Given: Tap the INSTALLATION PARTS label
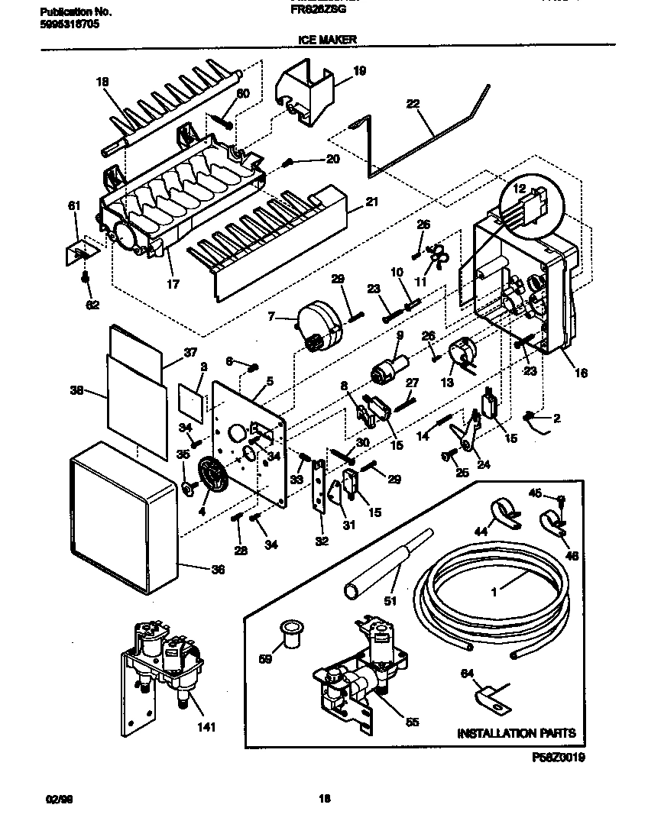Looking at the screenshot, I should click(x=516, y=733).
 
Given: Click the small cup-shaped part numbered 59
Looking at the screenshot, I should click(x=290, y=632).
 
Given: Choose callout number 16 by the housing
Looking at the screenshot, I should click(x=581, y=373).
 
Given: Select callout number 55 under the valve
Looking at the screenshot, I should click(x=412, y=721).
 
